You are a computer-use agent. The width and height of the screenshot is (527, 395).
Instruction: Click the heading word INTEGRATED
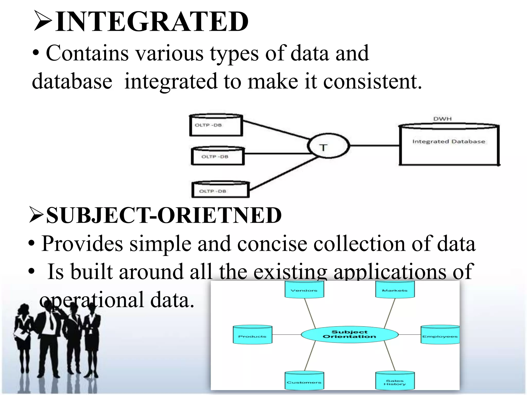coord(152,22)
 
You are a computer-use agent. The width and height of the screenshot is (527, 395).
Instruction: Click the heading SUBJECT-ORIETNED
coord(164,216)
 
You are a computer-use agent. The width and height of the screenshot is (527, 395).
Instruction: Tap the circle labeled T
coord(328,146)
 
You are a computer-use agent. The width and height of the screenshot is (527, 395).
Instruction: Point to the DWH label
coord(442,119)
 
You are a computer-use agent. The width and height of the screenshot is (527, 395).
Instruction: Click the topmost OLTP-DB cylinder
coord(216,125)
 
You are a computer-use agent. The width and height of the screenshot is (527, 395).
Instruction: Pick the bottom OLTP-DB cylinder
coord(220,190)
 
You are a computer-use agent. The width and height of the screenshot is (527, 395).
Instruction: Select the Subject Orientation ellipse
coord(349,335)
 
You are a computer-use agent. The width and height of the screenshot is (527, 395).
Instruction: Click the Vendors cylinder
coord(304,289)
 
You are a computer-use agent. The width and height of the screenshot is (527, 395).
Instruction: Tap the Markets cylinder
coord(395,289)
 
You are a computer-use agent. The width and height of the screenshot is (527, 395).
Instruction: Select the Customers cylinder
coord(304,381)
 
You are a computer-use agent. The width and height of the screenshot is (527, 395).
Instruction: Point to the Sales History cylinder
coord(395,381)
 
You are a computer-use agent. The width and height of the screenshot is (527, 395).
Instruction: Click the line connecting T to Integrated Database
coord(374,146)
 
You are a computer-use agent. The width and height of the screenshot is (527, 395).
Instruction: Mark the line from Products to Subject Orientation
coord(286,335)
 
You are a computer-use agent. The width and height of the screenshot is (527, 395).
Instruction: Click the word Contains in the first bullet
coord(87,53)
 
